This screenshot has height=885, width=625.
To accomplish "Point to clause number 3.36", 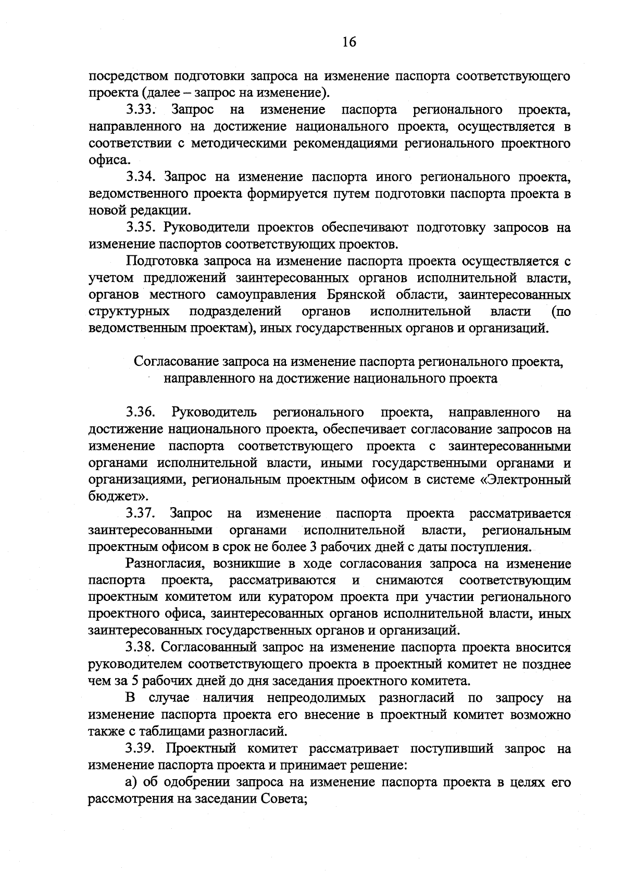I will click(x=141, y=413).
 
